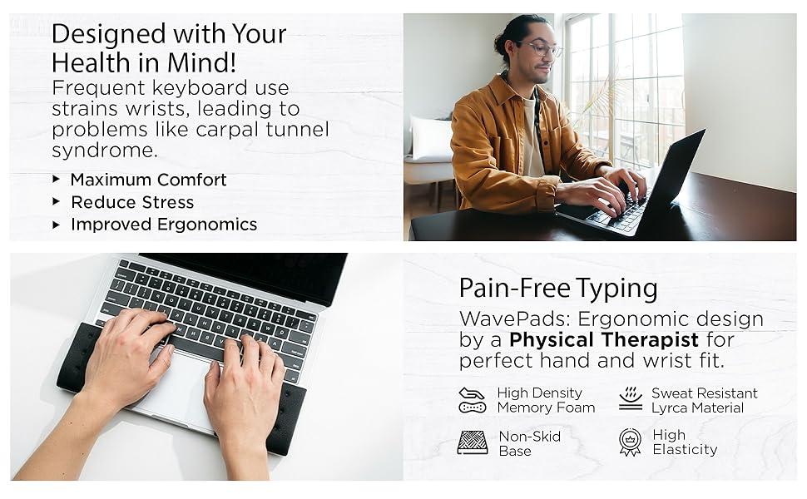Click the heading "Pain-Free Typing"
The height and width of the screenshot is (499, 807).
[558, 289]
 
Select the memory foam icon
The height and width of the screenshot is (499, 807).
[472, 400]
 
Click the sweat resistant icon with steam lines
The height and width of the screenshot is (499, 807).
[631, 399]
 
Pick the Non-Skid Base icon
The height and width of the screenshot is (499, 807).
[473, 442]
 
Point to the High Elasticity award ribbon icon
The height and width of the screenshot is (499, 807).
[631, 442]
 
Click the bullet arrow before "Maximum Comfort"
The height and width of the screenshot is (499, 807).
[56, 179]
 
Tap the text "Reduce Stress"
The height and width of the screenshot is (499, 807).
[132, 202]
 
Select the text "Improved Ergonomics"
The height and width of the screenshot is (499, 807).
[164, 225]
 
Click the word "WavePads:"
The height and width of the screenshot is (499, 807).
[501, 319]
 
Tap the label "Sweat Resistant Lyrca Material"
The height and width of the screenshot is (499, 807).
[704, 400]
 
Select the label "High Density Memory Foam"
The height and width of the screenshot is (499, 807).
[546, 400]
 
